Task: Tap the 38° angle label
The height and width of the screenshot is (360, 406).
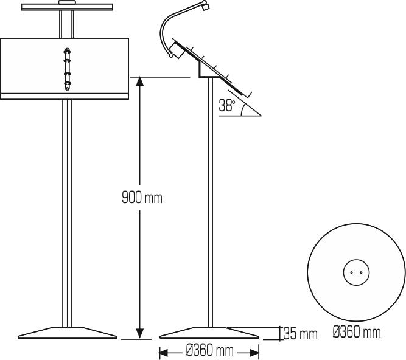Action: click(x=227, y=106)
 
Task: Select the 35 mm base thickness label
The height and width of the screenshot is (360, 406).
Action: click(x=300, y=334)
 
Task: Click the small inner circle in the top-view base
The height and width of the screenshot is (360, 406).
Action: click(x=356, y=273)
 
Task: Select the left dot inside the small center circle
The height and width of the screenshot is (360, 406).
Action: click(x=352, y=273)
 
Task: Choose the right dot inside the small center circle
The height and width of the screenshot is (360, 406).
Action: click(x=360, y=273)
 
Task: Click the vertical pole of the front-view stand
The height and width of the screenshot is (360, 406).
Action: click(x=68, y=213)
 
